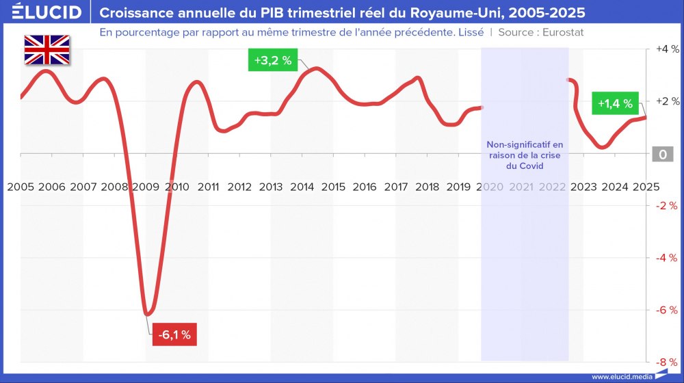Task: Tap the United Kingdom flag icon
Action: coord(47,50)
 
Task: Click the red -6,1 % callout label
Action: coord(174,335)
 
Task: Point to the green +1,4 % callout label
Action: coord(615,104)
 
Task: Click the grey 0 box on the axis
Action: coord(662,155)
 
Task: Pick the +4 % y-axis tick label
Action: coord(667,49)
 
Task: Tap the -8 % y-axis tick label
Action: coord(666,362)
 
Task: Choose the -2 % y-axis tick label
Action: coord(666,206)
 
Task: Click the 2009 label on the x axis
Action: coord(146,186)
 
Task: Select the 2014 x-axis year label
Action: coord(302,186)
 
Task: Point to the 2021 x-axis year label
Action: coord(521,186)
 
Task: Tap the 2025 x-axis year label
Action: coord(646,186)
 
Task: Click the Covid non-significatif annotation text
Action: coord(525,155)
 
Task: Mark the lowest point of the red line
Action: coord(147,314)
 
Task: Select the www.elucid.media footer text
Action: coord(620,376)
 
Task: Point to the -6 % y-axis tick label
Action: coord(666,310)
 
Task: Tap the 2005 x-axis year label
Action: coord(21,186)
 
